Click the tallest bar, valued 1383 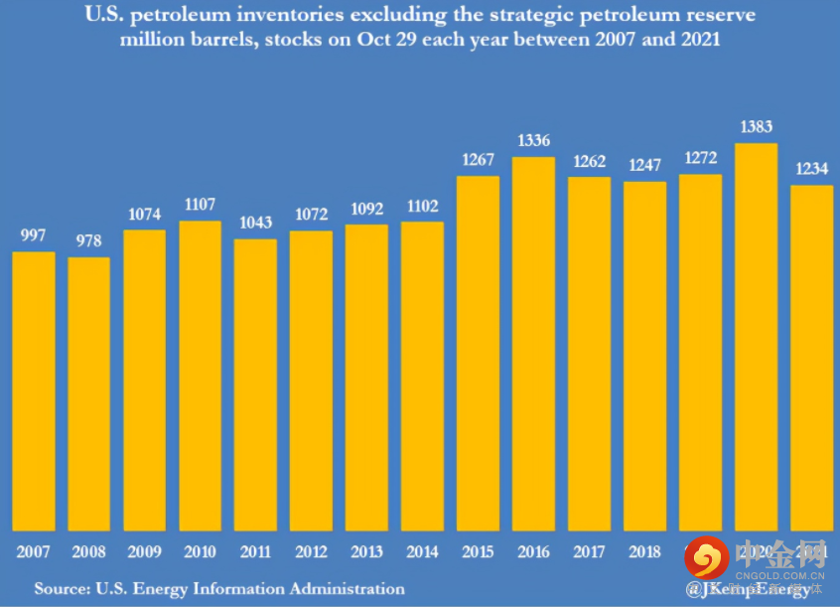coord(756,337)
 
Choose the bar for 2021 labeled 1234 coord(811,358)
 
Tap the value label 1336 coord(534,142)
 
